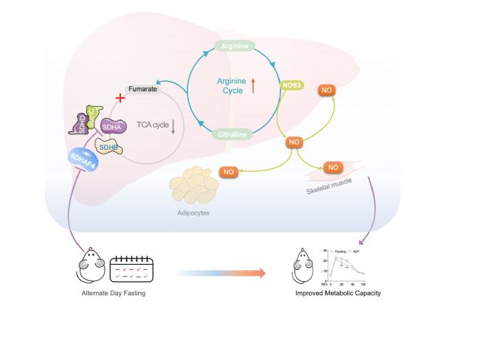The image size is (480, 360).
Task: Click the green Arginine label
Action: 235,46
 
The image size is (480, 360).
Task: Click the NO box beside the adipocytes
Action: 229,173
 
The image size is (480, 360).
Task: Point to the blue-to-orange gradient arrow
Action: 222,273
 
